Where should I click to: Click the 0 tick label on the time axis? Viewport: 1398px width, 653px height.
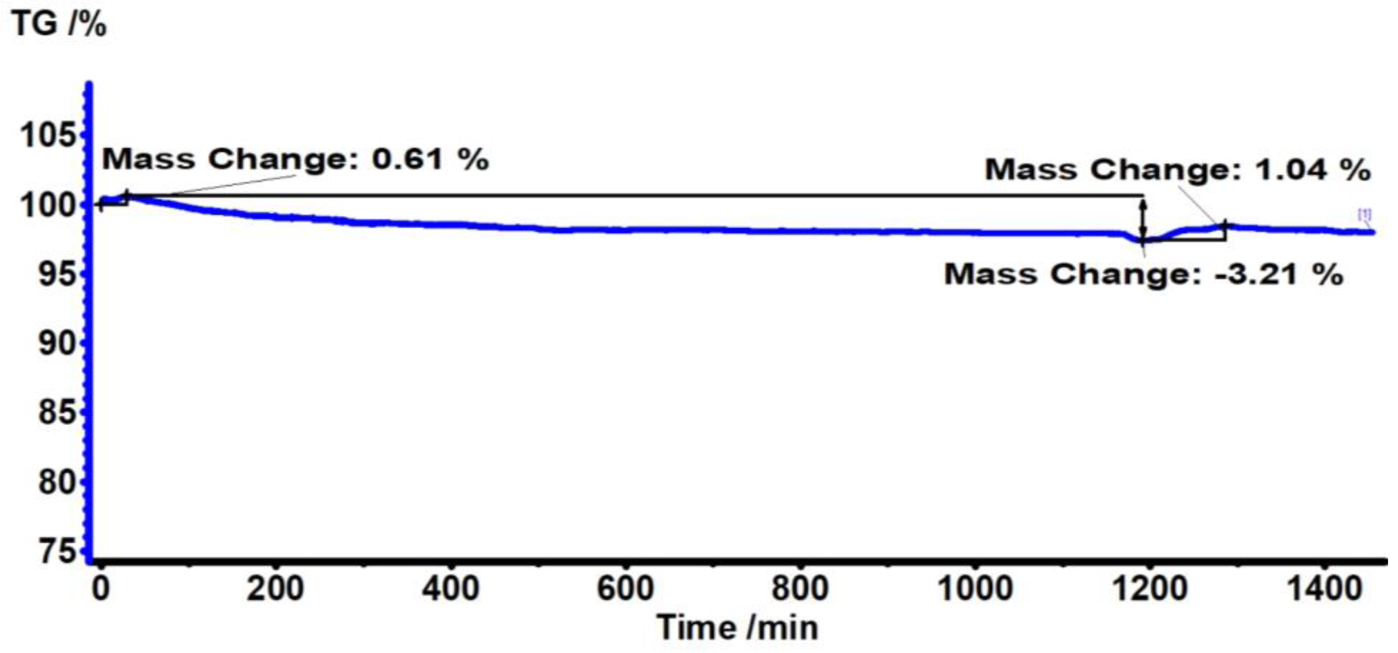coord(101,589)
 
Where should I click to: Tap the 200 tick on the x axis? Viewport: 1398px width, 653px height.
coord(276,589)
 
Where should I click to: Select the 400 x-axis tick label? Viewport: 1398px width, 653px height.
coord(451,589)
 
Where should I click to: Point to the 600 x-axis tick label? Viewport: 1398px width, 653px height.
coord(626,589)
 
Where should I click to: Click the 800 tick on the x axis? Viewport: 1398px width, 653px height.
coord(801,589)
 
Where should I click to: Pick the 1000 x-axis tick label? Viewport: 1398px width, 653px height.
coord(975,589)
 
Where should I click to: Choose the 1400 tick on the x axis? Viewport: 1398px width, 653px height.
coord(1325,589)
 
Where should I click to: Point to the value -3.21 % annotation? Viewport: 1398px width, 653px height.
coord(1278,274)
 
